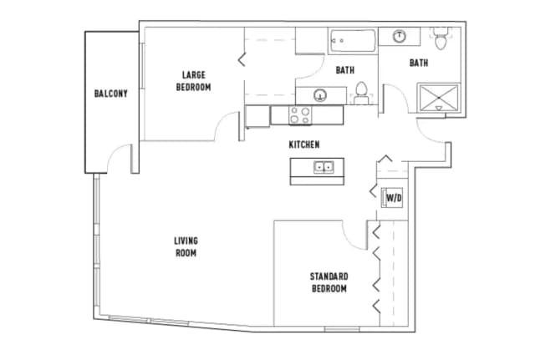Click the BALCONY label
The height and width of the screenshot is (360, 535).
click(110, 94)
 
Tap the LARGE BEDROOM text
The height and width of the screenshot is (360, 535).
click(193, 81)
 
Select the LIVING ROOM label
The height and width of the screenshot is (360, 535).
click(186, 247)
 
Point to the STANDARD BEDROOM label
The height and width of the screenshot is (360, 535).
click(329, 282)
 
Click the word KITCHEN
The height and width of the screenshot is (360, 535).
click(304, 145)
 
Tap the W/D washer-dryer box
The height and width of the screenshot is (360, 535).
click(394, 198)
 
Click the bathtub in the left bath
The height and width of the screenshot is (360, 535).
click(351, 38)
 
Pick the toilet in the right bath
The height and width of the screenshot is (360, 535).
click(441, 38)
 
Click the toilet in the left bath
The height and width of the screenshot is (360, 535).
click(362, 90)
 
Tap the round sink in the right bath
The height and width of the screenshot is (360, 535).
click(400, 36)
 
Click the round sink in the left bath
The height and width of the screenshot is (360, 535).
click(318, 94)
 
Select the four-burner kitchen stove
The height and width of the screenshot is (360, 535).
click(301, 115)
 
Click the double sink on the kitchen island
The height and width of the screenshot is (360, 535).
click(324, 167)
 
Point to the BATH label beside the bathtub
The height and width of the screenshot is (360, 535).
click(344, 70)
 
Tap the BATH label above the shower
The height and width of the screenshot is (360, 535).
click(419, 63)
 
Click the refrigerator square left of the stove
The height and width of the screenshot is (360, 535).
click(257, 115)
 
